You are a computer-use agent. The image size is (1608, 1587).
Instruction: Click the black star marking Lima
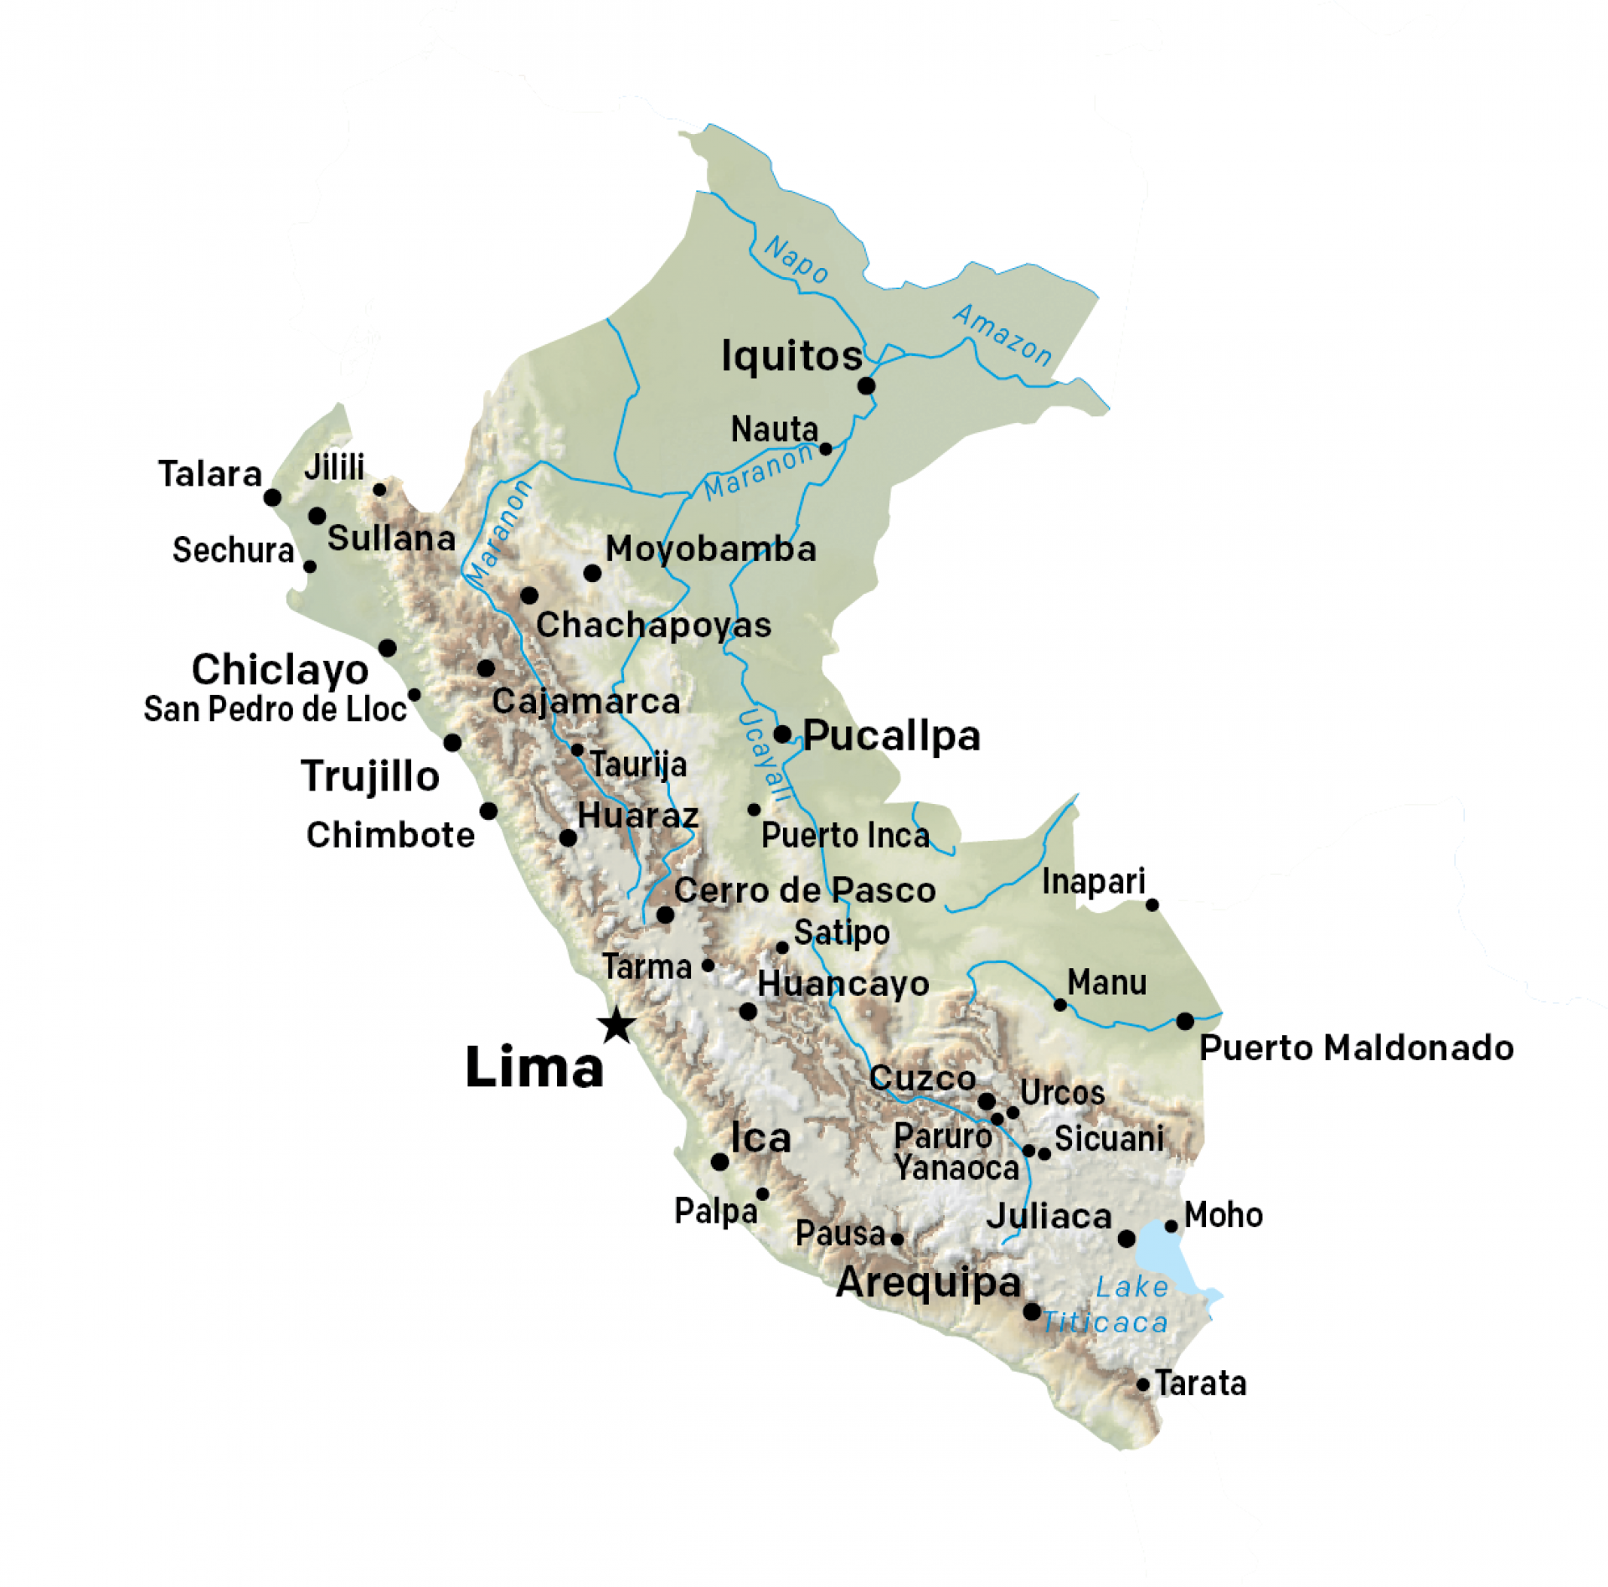[616, 1025]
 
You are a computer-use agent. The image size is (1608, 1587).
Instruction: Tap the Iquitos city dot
[866, 385]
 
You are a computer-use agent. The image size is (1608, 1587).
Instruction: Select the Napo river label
[796, 260]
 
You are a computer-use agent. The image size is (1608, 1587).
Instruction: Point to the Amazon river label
[1002, 335]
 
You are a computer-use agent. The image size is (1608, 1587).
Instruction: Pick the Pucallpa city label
[891, 735]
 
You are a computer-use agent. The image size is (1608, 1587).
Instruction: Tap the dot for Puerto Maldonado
[1184, 1021]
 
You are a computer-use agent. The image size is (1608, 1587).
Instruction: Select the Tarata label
[1200, 1383]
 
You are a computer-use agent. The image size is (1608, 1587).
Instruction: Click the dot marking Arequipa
[1032, 1311]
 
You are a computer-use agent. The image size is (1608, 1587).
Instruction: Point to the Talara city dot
[272, 497]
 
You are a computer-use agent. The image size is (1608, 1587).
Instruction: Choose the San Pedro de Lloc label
[275, 709]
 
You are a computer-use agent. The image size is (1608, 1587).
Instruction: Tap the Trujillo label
[370, 775]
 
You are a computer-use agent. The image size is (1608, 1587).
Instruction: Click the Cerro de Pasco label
[804, 890]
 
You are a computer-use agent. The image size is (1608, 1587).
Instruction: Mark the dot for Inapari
[1152, 904]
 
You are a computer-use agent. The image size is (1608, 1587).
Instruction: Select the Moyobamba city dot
[592, 573]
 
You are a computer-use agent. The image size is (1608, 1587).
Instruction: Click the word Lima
[533, 1068]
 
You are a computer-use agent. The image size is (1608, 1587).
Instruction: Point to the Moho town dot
[1171, 1226]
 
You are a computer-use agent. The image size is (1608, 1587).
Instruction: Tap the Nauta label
[774, 429]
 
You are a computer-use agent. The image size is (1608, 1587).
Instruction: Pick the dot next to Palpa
[762, 1194]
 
